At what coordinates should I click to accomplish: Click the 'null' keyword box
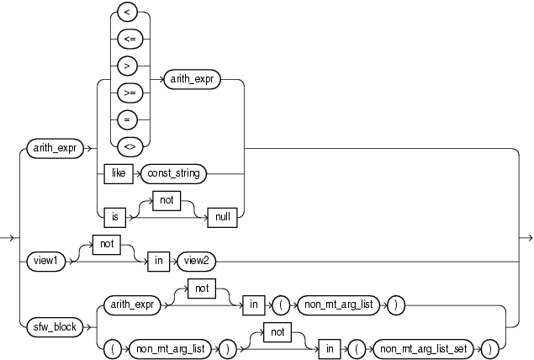222,215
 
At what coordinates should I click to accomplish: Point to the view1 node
47,261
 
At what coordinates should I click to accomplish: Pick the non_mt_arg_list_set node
429,346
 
